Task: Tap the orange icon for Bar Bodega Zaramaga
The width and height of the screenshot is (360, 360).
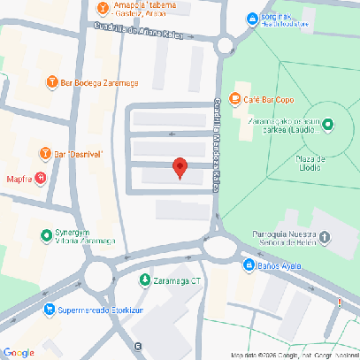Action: (51, 82)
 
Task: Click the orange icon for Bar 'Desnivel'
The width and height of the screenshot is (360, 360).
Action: (44, 154)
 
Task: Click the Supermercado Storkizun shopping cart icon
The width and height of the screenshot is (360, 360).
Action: (48, 310)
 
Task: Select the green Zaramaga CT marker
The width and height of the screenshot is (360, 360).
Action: (145, 280)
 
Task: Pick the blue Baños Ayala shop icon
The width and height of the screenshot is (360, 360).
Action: (249, 265)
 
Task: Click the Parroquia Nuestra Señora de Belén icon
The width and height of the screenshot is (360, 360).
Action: (326, 238)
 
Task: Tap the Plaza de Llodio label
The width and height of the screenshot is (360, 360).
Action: (309, 163)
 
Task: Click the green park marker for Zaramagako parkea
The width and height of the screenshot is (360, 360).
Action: (329, 124)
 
